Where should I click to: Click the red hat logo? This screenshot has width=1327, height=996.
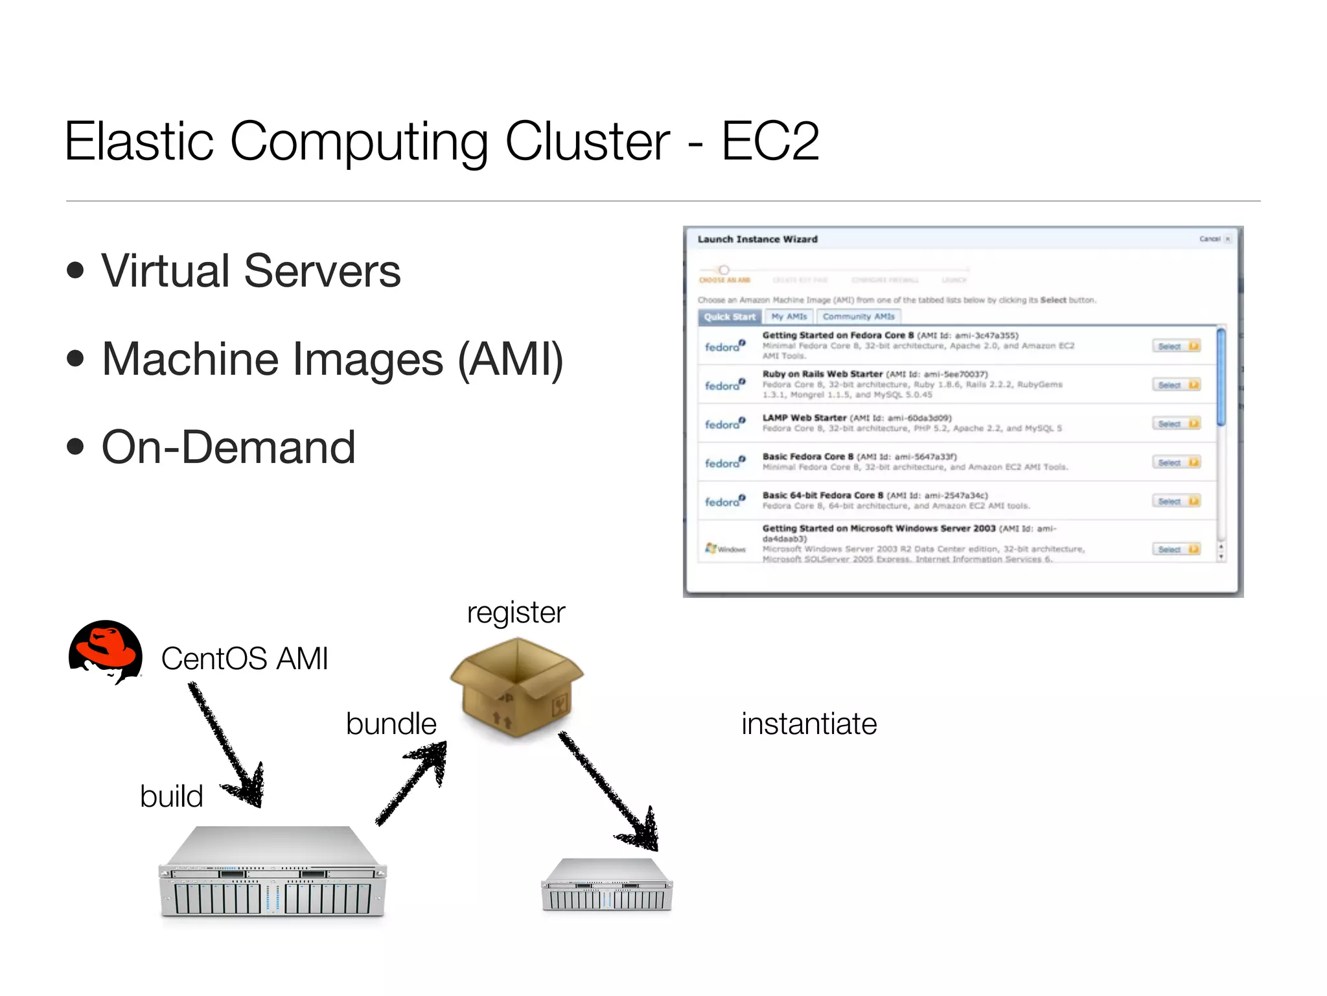click(106, 652)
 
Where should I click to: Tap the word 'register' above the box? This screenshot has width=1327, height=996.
click(516, 613)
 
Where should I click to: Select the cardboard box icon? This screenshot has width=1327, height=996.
click(516, 687)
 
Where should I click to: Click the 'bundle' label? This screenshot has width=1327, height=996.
click(391, 724)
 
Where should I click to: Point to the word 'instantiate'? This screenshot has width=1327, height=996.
click(809, 724)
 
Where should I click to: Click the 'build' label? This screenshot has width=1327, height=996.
click(171, 796)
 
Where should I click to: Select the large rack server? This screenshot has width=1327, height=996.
click(272, 872)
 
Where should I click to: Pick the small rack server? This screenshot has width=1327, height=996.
click(606, 886)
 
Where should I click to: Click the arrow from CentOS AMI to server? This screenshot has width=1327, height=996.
click(227, 746)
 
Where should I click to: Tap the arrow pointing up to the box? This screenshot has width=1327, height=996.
click(412, 785)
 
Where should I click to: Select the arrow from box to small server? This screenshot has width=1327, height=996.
click(609, 791)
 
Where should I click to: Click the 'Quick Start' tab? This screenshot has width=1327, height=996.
click(730, 317)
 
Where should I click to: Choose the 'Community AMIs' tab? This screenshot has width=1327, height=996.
click(858, 317)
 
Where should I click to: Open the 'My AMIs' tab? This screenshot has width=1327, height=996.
click(789, 317)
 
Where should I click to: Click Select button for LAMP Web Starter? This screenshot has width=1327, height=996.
click(1175, 424)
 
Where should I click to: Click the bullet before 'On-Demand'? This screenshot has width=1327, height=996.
click(76, 447)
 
